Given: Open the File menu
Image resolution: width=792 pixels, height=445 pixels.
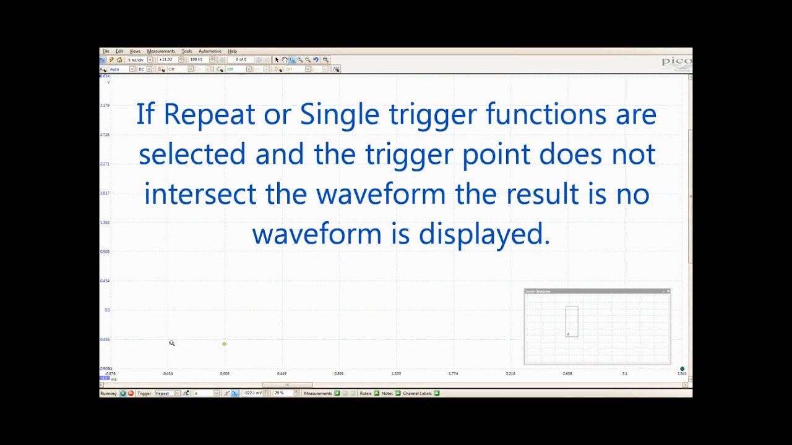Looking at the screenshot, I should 106,51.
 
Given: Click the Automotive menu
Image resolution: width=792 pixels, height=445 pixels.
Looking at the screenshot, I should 210,51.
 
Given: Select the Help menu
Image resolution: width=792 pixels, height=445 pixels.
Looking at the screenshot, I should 232,51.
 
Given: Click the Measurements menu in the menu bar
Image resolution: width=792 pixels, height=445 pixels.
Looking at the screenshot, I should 161,51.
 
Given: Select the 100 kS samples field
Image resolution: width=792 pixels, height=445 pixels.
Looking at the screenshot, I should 197,60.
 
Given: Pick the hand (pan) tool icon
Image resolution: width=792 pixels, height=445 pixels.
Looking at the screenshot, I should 285,60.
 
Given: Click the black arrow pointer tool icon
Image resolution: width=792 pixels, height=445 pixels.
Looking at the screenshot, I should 277,60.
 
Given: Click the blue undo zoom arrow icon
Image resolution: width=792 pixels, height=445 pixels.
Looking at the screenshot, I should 316,60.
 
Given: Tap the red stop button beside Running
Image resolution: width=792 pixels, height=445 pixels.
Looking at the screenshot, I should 131,393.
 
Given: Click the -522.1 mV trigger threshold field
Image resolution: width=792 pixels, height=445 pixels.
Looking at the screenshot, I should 252,393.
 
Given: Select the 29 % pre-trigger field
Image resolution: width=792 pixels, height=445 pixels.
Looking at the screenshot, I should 280,393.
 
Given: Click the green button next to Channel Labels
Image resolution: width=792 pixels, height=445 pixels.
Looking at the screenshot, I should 436,393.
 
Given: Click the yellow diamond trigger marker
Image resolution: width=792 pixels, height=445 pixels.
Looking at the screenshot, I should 224,344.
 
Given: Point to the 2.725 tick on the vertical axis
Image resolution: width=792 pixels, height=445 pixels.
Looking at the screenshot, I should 105,134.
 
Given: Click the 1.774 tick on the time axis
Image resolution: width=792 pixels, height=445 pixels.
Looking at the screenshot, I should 453,373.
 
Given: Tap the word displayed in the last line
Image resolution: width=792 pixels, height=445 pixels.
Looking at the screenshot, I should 484,234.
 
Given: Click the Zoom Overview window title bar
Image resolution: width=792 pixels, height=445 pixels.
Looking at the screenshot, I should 594,291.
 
